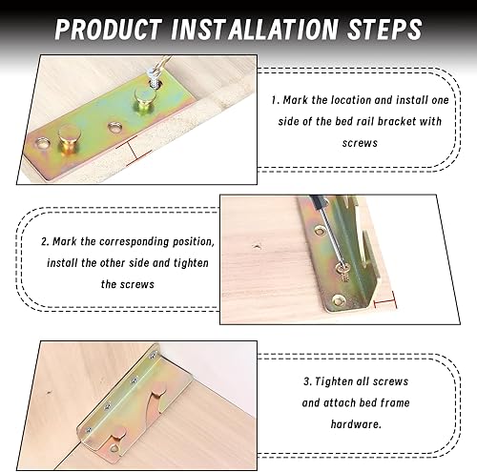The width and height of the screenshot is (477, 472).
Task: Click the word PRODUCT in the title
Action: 108,30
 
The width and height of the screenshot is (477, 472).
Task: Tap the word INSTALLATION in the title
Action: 254,30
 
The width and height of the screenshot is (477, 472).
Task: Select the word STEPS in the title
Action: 384,30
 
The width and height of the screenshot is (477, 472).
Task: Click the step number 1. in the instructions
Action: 276,100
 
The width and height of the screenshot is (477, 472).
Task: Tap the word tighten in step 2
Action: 191,263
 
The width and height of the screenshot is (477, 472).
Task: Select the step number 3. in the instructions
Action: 308,381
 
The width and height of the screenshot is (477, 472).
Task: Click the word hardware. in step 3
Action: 356,424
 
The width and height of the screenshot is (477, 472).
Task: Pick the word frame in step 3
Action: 395,403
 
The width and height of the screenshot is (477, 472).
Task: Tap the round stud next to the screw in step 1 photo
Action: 144,97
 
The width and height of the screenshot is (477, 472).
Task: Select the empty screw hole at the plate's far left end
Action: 44,144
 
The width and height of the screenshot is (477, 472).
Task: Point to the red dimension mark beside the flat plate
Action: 134,152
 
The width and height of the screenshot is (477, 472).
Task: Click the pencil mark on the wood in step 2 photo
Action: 257,246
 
